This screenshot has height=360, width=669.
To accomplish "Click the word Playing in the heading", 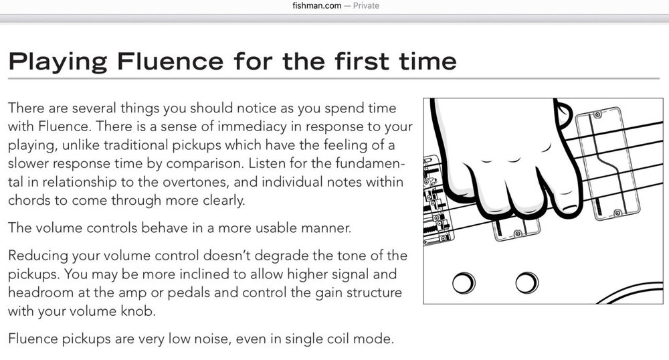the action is tap(58, 62).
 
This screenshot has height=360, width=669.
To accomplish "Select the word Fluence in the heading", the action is tap(170, 61).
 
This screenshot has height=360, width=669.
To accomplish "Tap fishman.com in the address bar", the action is tap(316, 5).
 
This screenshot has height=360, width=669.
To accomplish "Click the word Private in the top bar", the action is tap(366, 5).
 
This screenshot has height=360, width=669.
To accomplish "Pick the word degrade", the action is tap(282, 256).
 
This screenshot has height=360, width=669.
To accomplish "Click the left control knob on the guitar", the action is tap(464, 282).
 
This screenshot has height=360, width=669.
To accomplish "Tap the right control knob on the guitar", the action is tap(527, 282).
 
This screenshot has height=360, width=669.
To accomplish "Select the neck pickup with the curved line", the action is tap(607, 163).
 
